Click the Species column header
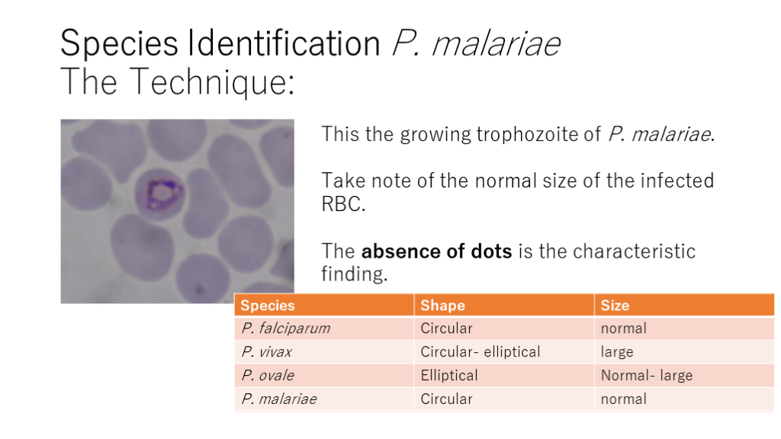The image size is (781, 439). [x=268, y=305]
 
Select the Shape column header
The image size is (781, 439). [x=442, y=305]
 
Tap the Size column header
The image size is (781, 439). [x=615, y=305]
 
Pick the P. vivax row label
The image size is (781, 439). [x=266, y=352]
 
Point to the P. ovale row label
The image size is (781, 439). [x=268, y=375]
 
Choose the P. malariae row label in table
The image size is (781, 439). [x=279, y=399]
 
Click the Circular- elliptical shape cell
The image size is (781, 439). [x=480, y=352]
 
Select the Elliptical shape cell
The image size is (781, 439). [x=448, y=375]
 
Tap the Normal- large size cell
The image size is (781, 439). [x=647, y=375]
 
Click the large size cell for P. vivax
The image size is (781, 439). [x=616, y=352]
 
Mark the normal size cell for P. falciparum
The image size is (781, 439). [x=624, y=328]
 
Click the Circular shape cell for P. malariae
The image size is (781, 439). [x=446, y=399]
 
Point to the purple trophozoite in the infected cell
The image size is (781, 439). [x=162, y=193]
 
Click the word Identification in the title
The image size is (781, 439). [x=284, y=43]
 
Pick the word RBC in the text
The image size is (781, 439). [x=343, y=204]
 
